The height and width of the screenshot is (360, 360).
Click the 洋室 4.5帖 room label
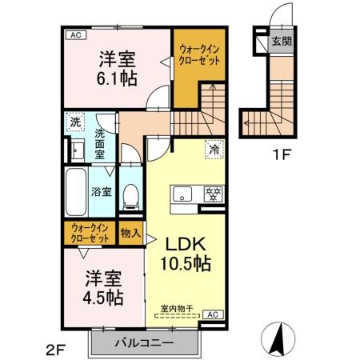104,289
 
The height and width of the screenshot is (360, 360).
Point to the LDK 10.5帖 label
187,251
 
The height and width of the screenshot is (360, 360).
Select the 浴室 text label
101,192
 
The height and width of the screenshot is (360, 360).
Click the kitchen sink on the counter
182,194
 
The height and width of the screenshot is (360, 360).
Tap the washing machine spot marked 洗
74,123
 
